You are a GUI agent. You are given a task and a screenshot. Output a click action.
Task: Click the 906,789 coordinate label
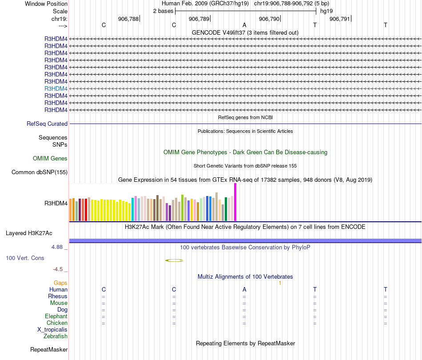199,19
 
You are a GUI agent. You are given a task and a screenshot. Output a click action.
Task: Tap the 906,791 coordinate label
340,19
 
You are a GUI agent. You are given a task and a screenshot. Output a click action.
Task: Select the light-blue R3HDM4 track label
56,88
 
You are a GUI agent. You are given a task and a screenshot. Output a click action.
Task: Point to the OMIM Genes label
50,158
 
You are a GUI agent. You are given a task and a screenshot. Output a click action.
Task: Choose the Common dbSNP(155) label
40,172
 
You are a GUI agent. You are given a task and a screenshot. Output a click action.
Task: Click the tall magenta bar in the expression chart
235,202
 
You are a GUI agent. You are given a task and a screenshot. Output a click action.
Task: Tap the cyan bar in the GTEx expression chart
133,209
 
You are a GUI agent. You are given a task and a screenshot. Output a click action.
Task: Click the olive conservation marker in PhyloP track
174,260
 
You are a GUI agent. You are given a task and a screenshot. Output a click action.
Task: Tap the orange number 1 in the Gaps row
280,283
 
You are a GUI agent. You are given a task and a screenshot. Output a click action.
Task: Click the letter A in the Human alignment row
244,290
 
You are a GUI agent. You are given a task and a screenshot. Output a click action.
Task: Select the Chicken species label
57,323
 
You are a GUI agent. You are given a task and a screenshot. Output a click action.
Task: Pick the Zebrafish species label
56,336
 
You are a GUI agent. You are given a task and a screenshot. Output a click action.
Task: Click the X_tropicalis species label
52,330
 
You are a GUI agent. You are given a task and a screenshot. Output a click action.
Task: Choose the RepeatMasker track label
49,350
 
